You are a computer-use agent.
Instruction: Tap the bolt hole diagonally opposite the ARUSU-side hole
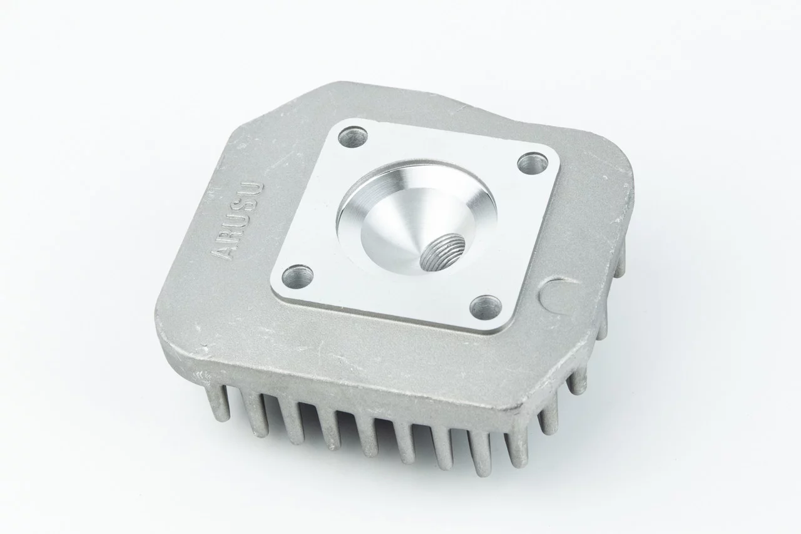[533, 164]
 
